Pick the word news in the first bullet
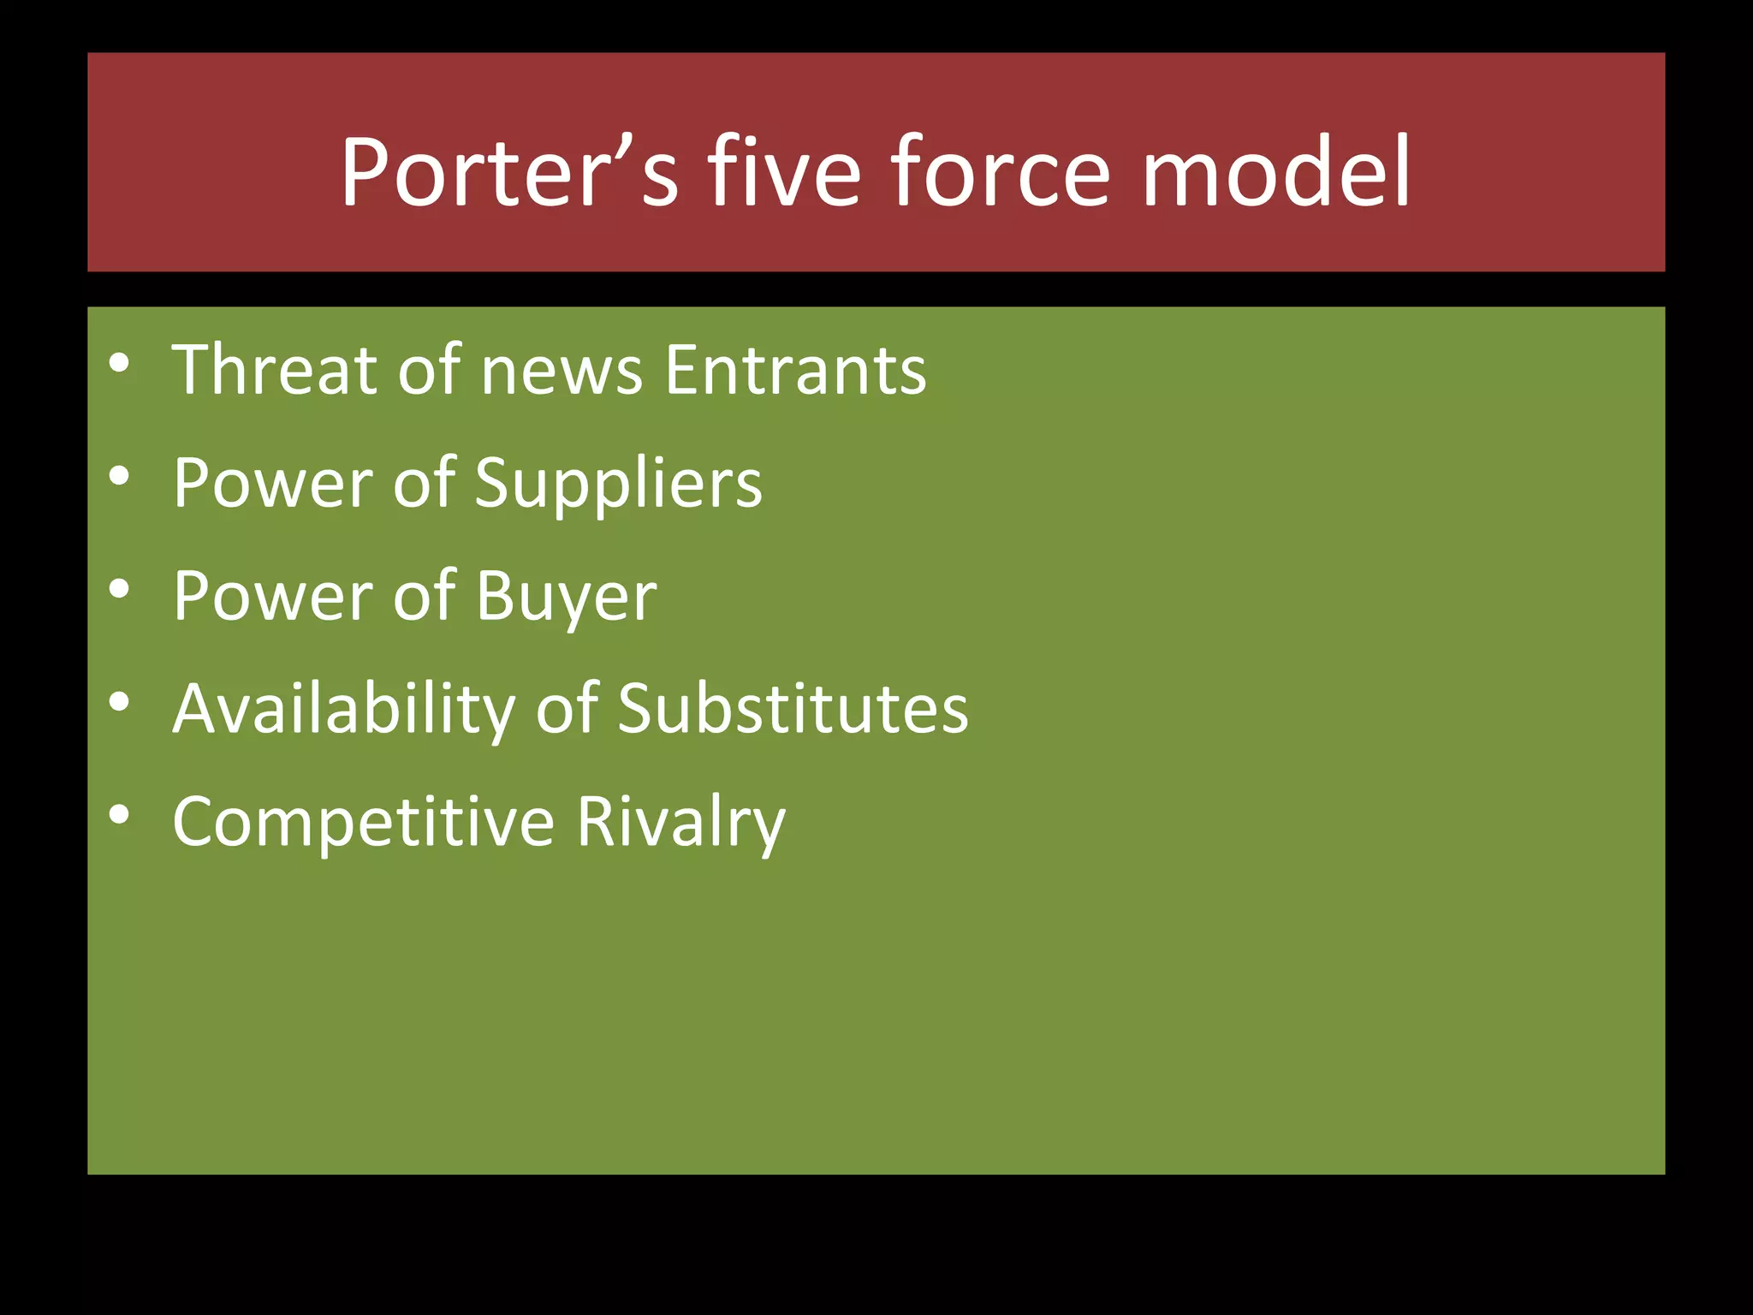562,372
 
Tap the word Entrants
796,370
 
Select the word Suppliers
618,485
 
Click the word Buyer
567,598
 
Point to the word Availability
343,711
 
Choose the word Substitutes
793,711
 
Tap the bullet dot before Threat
120,363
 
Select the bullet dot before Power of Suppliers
120,476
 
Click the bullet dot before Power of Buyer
120,589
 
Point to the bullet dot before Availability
120,702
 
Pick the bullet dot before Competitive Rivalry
120,815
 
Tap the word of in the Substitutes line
567,711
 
